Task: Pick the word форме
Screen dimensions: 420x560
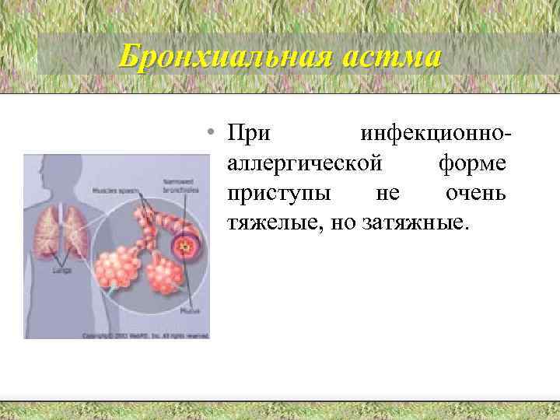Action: [473, 163]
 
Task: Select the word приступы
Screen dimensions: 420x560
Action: [277, 193]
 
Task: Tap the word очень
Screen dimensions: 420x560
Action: [476, 193]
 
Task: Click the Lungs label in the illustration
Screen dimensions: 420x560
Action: [63, 271]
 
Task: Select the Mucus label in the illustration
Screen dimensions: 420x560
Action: [189, 310]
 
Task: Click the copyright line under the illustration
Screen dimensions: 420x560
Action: [145, 335]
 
